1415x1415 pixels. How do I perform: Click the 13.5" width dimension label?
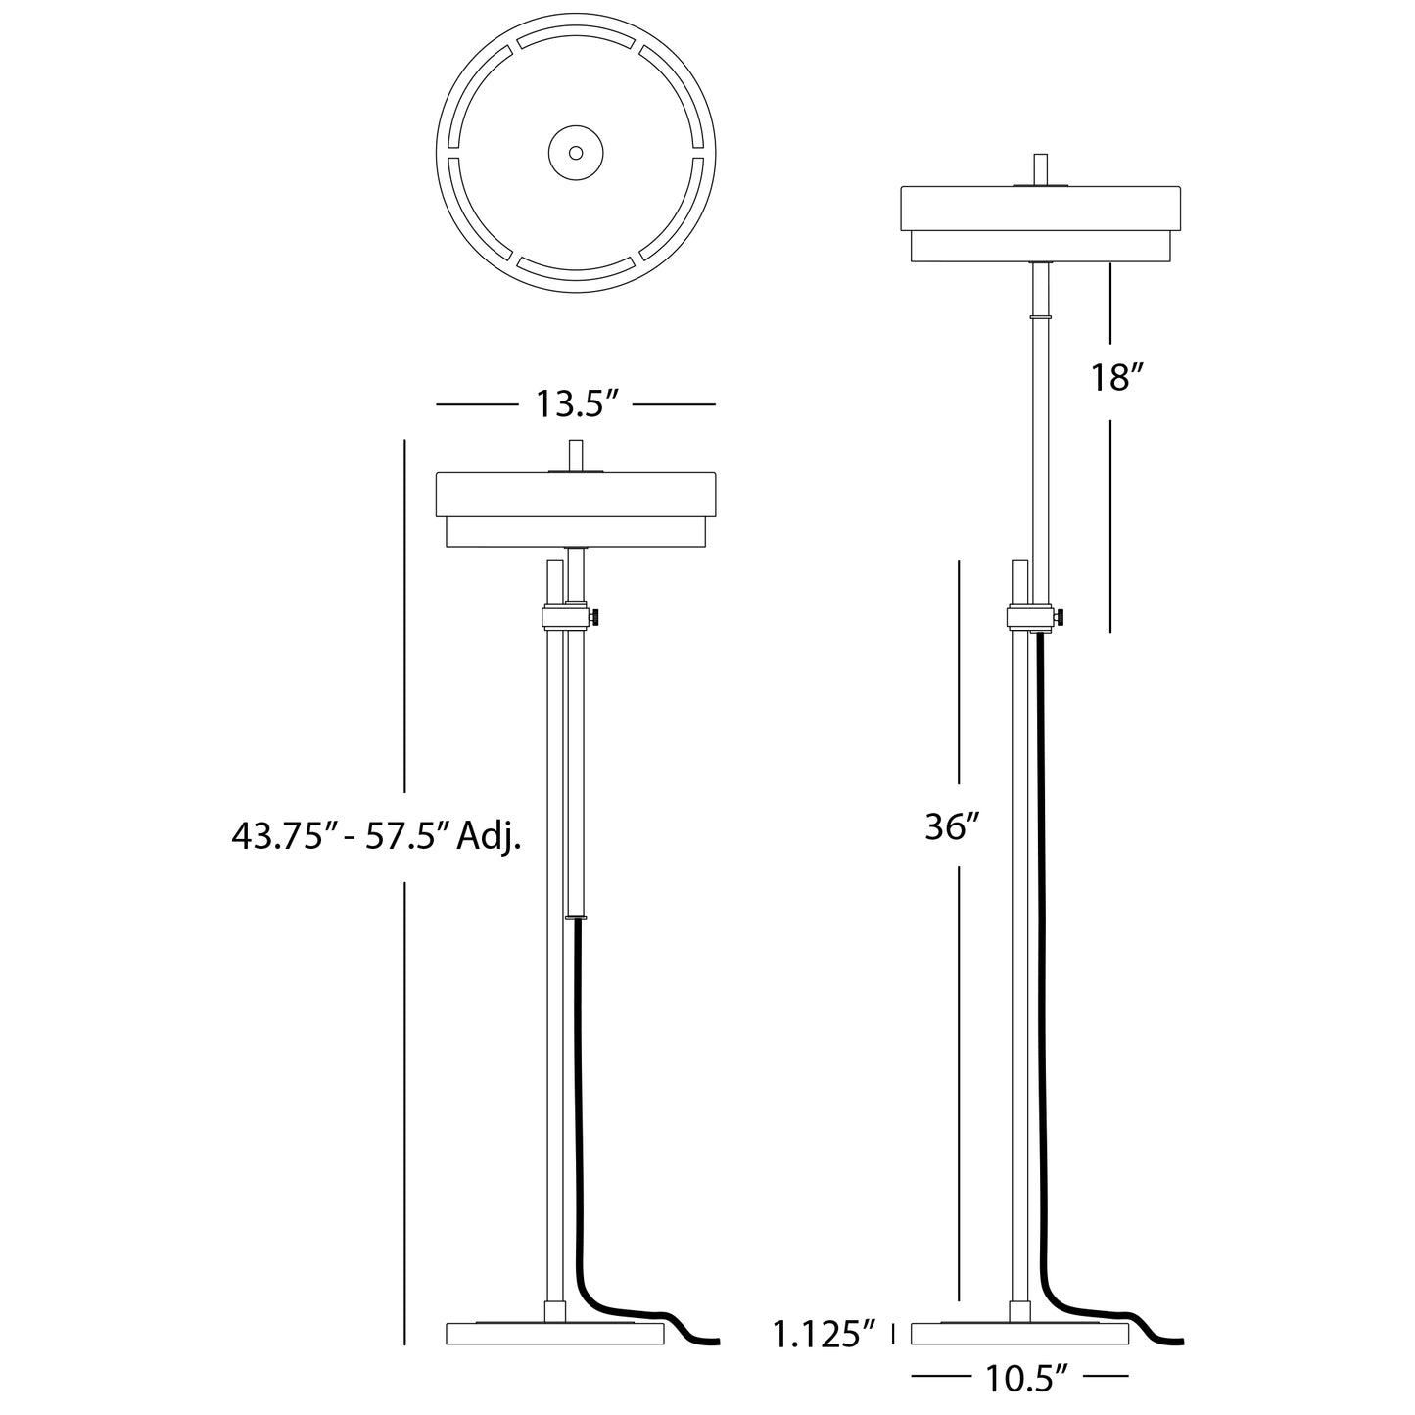click(576, 404)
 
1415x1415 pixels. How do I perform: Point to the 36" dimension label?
click(952, 827)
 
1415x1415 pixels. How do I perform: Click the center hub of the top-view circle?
click(576, 153)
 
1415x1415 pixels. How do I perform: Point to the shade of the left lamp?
click(576, 495)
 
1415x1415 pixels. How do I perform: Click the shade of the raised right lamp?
click(1041, 208)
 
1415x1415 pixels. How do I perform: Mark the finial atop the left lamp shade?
click(576, 455)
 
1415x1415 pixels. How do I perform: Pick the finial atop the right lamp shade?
click(1041, 166)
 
